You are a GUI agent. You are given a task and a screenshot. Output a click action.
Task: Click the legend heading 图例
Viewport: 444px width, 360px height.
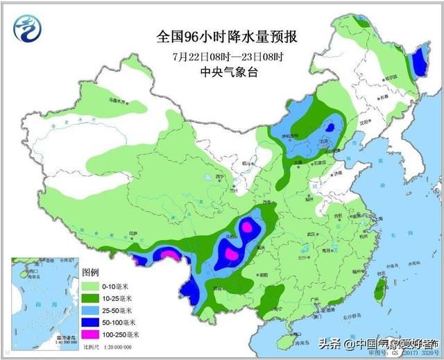tap(91, 272)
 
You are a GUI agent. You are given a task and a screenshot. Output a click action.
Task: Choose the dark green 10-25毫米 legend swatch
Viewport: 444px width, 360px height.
tap(93, 298)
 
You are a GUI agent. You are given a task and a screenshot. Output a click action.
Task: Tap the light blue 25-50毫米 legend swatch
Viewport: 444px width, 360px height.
tap(93, 309)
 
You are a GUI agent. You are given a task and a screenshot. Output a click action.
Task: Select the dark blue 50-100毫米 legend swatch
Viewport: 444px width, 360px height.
tap(93, 322)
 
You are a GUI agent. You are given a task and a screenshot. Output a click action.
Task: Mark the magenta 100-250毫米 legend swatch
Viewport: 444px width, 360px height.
tap(93, 334)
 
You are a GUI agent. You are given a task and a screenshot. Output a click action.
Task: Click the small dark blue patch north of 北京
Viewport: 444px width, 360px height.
tap(332, 127)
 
